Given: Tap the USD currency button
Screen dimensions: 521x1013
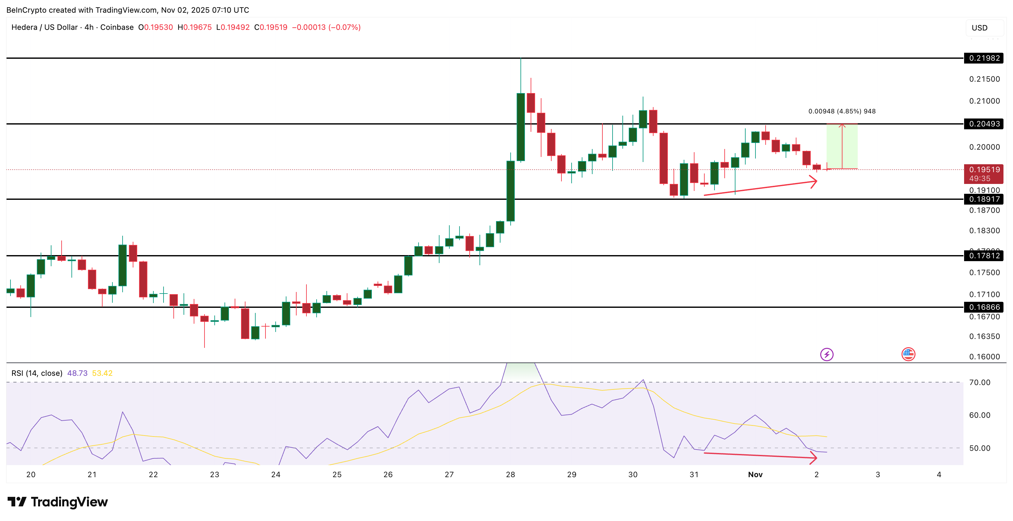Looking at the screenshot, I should click(980, 28).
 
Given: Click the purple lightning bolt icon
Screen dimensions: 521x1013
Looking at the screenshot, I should click(827, 355).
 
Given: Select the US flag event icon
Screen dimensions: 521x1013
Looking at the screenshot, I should click(908, 355).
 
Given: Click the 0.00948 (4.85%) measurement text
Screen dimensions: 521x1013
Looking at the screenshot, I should click(842, 112).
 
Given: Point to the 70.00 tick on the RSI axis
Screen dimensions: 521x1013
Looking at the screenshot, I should click(980, 382).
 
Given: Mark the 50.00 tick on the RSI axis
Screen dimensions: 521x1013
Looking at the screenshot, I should click(980, 448).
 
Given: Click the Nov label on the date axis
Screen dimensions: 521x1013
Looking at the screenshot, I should click(755, 475).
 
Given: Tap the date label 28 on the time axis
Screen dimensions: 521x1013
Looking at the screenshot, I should click(510, 475).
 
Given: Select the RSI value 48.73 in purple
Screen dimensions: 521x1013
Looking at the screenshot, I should click(77, 373).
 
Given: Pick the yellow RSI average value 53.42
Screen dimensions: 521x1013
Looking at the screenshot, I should click(102, 373).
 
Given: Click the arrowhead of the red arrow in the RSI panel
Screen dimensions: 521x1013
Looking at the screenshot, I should click(815, 457).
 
